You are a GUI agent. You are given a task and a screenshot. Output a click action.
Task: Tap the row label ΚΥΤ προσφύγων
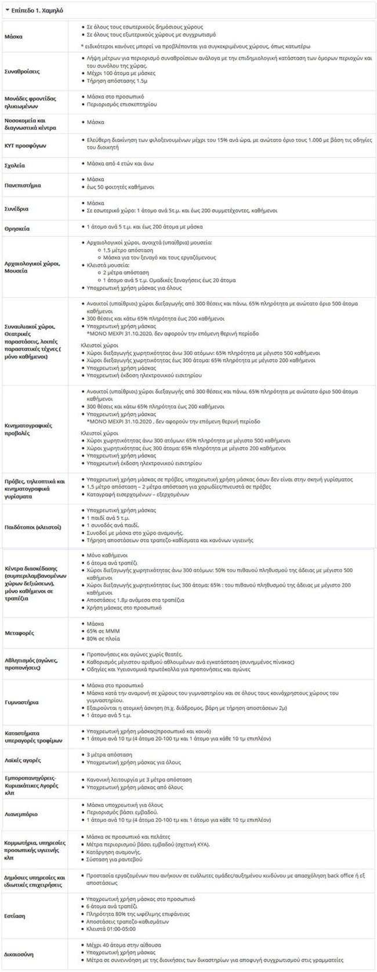click(x=25, y=145)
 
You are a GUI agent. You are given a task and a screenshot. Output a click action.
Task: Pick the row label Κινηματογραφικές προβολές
click(x=30, y=429)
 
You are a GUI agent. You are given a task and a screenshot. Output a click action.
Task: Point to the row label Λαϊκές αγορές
click(x=23, y=760)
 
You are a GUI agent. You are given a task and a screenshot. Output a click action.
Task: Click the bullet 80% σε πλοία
click(x=103, y=639)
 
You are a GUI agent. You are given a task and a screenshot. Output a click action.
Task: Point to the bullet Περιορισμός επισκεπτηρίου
click(x=120, y=104)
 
